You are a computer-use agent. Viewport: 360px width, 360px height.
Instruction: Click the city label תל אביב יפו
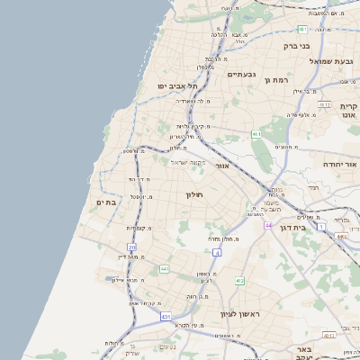178,85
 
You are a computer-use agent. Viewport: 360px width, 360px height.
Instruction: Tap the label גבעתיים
243,75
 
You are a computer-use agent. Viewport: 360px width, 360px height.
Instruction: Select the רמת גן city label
274,80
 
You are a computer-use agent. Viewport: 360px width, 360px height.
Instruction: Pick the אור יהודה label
339,166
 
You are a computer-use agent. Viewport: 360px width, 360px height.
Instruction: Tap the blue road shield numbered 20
132,247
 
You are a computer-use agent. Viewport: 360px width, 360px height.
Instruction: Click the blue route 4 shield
217,252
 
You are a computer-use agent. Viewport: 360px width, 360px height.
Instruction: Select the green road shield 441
164,269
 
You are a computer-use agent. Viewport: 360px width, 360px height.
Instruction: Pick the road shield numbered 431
166,317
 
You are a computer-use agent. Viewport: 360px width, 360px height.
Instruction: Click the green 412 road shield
240,282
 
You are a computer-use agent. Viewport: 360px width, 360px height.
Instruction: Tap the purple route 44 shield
267,224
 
